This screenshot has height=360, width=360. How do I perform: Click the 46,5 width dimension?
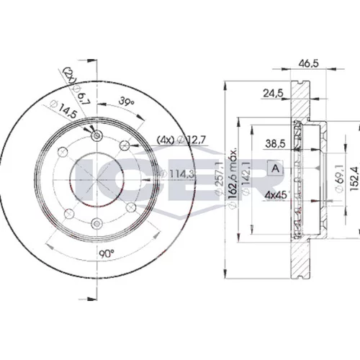308,63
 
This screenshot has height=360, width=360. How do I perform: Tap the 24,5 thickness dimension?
274,93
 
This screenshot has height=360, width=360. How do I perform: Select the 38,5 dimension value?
275,144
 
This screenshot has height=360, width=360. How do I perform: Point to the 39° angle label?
127,102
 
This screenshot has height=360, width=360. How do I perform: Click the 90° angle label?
107,253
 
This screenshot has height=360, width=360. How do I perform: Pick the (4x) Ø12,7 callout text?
181,140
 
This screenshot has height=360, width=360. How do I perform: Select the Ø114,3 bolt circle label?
177,174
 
